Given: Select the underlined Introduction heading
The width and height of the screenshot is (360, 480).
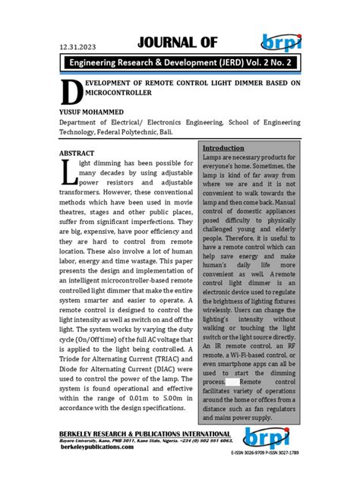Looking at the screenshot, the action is pyautogui.click(x=223, y=147).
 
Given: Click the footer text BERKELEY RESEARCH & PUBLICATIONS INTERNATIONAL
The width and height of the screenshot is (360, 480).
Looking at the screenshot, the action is pyautogui.click(x=143, y=432).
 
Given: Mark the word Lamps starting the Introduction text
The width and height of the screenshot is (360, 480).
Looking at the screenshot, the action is pyautogui.click(x=214, y=156).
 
